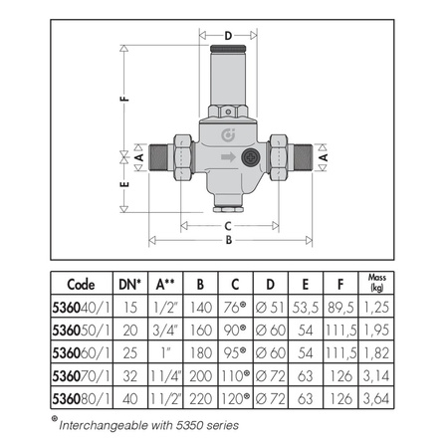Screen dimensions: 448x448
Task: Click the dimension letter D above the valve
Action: tap(227, 38)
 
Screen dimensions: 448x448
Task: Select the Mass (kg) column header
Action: tap(377, 282)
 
